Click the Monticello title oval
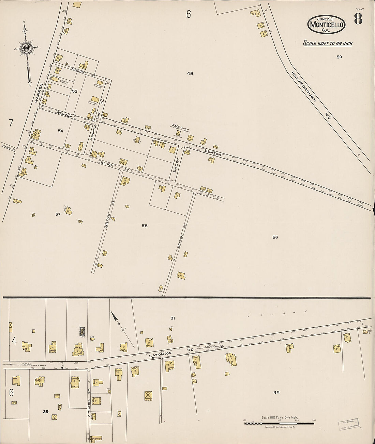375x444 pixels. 326,24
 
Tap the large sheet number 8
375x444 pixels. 358,19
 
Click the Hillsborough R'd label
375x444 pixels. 311,95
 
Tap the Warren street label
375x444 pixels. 39,93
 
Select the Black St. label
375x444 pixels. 115,166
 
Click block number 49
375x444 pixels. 190,73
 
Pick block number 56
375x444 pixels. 275,237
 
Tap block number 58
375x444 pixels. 145,226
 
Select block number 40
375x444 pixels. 276,392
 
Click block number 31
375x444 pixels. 173,318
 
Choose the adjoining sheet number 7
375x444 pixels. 11,123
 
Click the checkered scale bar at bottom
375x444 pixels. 279,424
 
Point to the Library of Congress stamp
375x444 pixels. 348,424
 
